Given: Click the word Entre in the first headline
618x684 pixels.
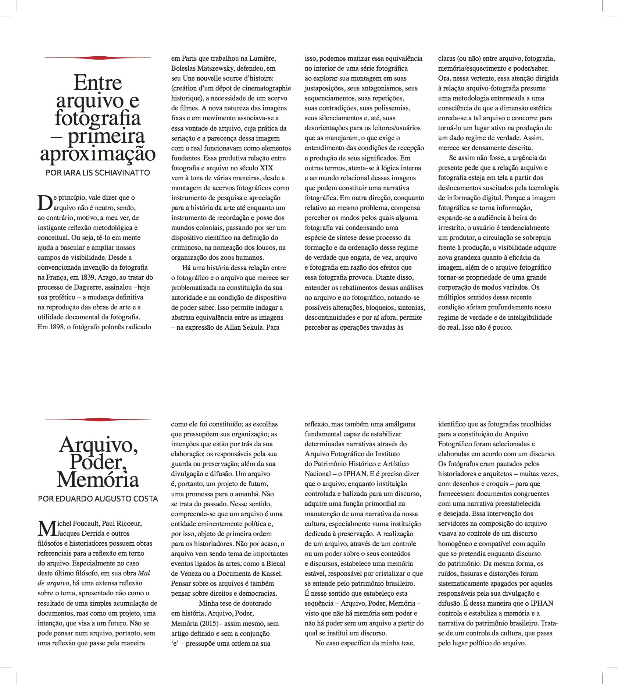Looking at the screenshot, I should pyautogui.click(x=97, y=82).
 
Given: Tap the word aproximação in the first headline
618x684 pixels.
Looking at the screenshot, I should pyautogui.click(x=97, y=153).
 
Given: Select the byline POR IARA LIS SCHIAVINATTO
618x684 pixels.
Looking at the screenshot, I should pyautogui.click(x=97, y=173).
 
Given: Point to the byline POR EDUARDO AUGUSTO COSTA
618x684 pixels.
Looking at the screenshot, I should pyautogui.click(x=98, y=499).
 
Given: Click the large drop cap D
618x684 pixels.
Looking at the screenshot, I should pyautogui.click(x=45, y=202).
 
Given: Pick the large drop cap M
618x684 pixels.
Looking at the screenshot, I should pyautogui.click(x=46, y=528).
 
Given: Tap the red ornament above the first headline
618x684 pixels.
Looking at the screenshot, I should pyautogui.click(x=97, y=58).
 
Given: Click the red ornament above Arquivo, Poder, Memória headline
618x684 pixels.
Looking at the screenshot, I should pyautogui.click(x=97, y=419).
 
